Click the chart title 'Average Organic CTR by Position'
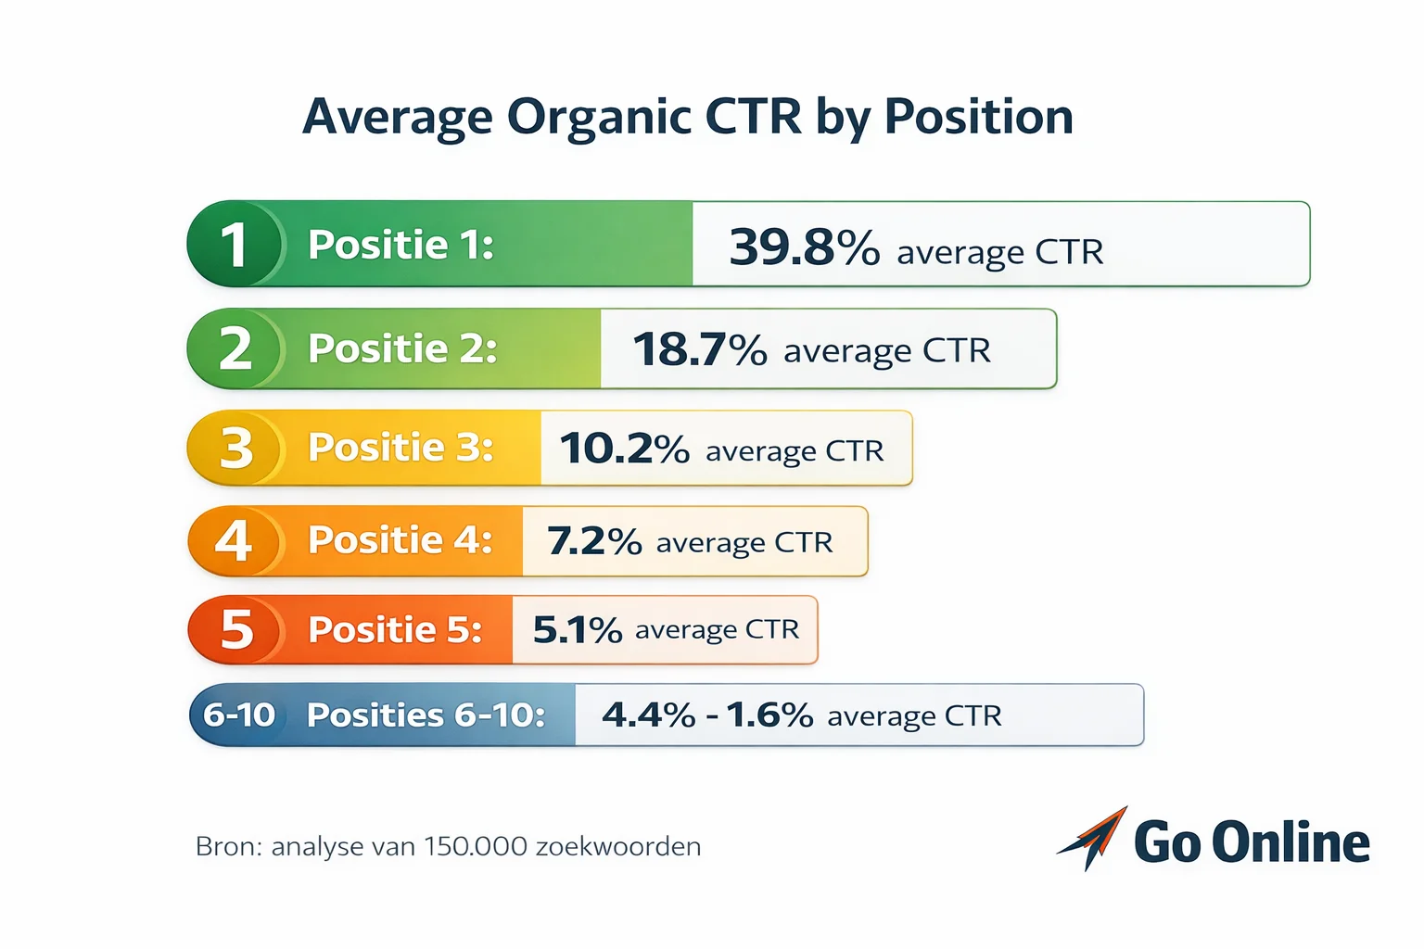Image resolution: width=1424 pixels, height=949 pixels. (x=688, y=118)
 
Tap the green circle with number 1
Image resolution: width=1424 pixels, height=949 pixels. (x=235, y=244)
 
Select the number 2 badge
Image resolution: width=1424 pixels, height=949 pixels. (x=235, y=348)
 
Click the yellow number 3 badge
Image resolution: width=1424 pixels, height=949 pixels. (x=235, y=448)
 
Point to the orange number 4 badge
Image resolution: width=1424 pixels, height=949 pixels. (x=234, y=540)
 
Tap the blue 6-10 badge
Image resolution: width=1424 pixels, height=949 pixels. (x=239, y=715)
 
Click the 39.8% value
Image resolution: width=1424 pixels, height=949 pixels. (x=804, y=247)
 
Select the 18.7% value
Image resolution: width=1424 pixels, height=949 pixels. (x=699, y=350)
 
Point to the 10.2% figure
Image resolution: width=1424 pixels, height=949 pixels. (x=624, y=449)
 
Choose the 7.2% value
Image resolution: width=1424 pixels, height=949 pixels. (x=593, y=541)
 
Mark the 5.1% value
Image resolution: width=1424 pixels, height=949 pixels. (x=577, y=630)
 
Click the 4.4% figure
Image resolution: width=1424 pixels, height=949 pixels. (x=648, y=715)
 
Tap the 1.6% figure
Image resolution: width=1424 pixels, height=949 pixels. (x=769, y=715)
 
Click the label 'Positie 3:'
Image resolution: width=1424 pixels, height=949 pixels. (x=400, y=448)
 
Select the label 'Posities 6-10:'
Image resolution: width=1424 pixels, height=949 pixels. (x=426, y=715)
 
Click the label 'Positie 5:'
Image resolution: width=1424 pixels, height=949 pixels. (x=395, y=630)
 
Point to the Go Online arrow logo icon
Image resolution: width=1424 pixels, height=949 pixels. (x=1094, y=837)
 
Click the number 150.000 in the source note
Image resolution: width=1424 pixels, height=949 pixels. (x=476, y=846)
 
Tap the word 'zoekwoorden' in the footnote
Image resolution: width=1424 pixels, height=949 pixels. (x=618, y=846)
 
